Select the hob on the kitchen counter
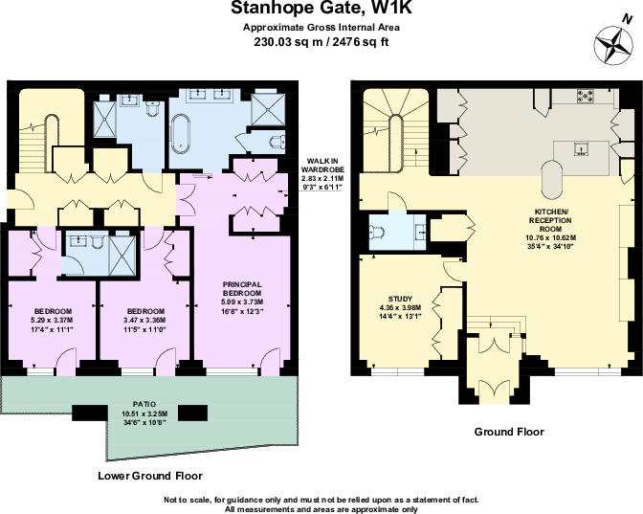(x=583, y=96)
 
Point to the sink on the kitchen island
(x=579, y=147)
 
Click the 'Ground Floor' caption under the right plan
(x=510, y=432)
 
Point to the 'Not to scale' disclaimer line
(x=321, y=500)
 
